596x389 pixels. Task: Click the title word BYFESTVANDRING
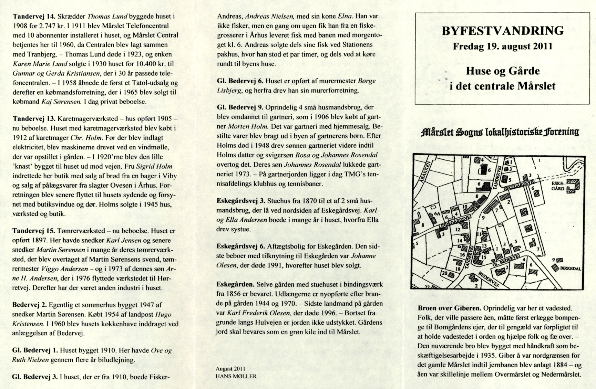pos(503,31)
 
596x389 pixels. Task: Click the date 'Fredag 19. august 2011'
pos(503,46)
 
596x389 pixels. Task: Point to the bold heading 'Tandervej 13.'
pos(34,119)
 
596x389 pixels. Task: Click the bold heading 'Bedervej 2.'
pos(30,305)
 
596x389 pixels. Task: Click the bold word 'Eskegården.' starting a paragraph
pos(235,285)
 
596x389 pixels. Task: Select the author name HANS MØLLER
pos(236,376)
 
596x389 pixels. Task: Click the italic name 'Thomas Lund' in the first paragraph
pos(108,16)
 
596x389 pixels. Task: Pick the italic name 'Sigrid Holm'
pos(154,167)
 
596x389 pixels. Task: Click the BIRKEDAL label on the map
pos(571,269)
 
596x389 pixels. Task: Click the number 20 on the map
pos(444,273)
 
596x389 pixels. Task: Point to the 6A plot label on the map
pos(438,213)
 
